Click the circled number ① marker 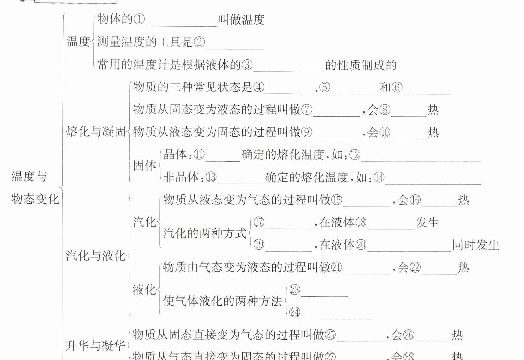click(x=139, y=20)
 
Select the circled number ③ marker click(x=247, y=65)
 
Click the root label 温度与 click(x=29, y=176)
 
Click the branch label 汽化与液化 click(x=96, y=256)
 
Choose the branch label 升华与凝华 click(x=95, y=346)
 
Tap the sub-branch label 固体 click(x=145, y=166)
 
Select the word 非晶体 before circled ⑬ click(x=181, y=177)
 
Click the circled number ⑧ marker click(x=384, y=110)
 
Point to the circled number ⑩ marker click(x=384, y=132)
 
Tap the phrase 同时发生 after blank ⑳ click(x=475, y=245)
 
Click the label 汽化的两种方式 click(x=205, y=233)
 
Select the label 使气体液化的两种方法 click(x=223, y=301)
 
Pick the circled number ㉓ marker click(x=295, y=290)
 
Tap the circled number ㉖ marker click(x=409, y=335)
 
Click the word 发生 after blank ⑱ click(x=427, y=223)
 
